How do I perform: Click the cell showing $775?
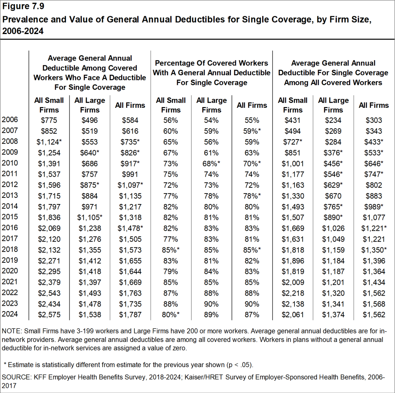pos(49,120)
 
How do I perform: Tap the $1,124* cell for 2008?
pos(49,141)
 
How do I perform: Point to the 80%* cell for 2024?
pos(171,314)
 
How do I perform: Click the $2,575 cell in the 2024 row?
pos(49,314)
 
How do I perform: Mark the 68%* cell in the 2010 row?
pos(212,163)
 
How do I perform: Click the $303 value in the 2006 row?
pos(373,120)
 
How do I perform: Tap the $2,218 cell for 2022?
pos(292,293)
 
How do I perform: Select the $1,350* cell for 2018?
pos(373,249)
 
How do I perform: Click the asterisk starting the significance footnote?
pos(5,364)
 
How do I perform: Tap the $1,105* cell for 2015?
pos(90,217)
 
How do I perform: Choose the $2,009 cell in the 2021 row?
pos(292,282)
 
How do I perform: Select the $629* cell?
pos(333,185)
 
